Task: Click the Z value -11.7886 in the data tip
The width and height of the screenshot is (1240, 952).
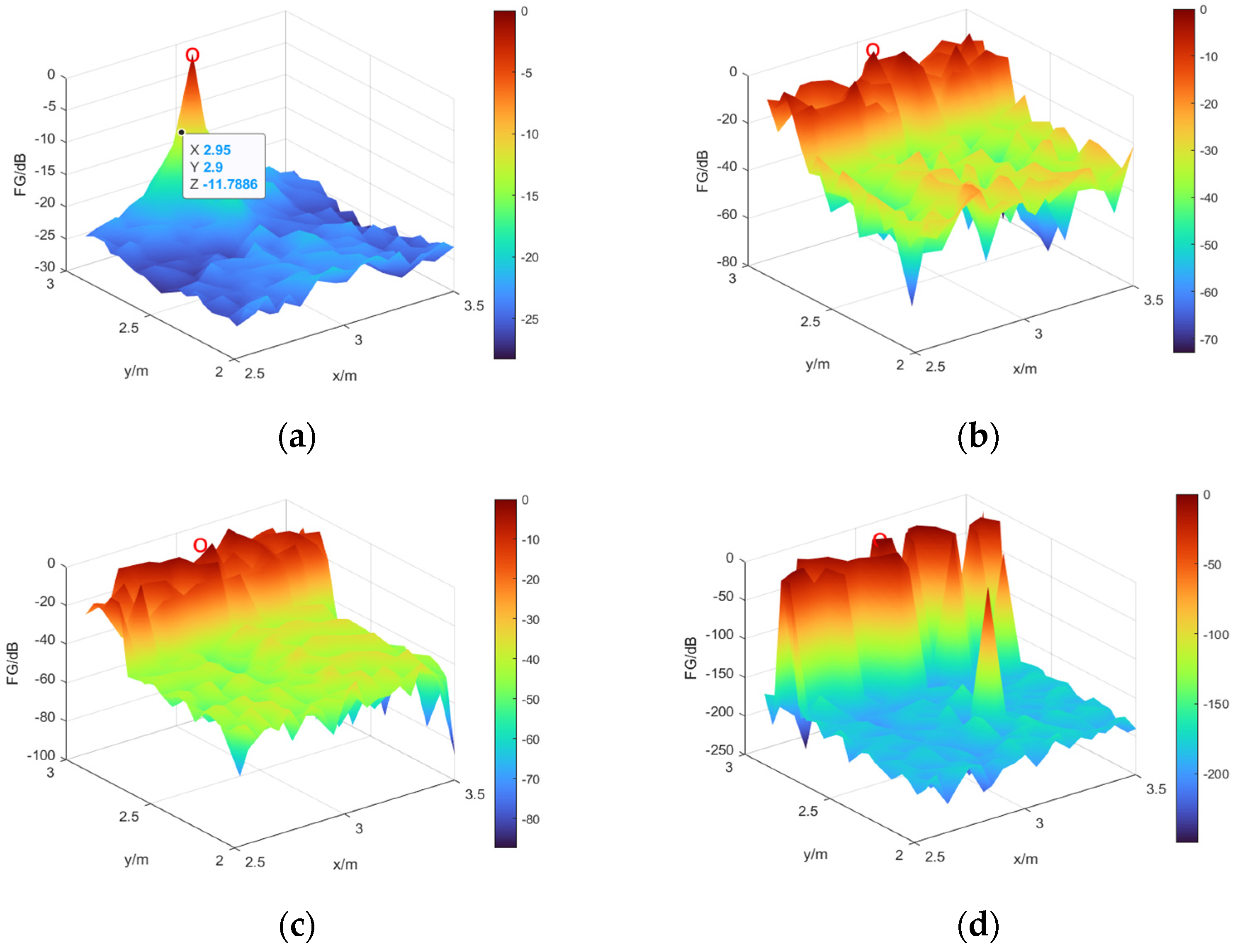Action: [230, 184]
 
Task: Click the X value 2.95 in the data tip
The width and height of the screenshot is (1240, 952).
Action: [217, 150]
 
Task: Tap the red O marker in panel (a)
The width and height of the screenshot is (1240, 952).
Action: [192, 55]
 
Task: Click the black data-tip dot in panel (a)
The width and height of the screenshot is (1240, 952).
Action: [181, 132]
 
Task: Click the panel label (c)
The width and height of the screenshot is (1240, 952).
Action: [297, 925]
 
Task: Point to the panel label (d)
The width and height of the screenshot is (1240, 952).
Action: [978, 925]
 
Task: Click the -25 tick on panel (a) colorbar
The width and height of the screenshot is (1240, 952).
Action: [530, 319]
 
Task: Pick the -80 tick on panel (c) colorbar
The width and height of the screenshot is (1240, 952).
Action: [530, 819]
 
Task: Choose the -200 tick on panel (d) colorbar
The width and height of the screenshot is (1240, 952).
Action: [1215, 774]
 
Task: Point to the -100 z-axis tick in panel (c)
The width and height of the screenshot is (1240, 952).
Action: [41, 755]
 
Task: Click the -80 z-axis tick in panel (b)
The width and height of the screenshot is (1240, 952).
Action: [727, 262]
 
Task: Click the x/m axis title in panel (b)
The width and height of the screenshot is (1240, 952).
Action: [1025, 369]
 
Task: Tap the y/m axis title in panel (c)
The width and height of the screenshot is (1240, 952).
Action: [136, 859]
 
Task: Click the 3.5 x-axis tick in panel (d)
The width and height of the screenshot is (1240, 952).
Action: [1156, 789]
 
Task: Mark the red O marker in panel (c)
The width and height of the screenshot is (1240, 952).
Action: [200, 545]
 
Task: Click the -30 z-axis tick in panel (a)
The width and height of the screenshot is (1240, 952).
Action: [45, 267]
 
